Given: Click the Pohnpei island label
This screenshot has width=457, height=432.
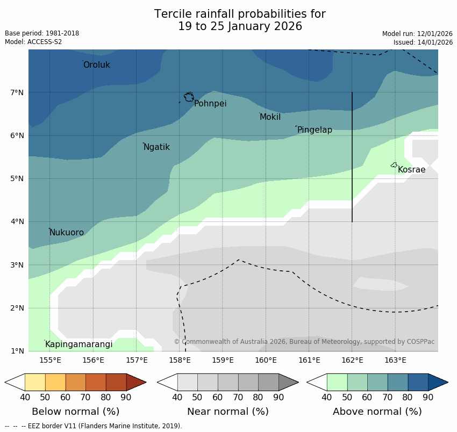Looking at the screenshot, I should (x=210, y=104).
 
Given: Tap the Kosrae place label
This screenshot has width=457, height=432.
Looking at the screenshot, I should (x=411, y=170).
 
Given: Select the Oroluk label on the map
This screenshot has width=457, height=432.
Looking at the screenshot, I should (x=96, y=65).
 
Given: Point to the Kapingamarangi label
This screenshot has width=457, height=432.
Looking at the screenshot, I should (x=78, y=344).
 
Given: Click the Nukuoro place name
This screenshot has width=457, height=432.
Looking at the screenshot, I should (x=67, y=233).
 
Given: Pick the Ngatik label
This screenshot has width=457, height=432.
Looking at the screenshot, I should (x=156, y=147).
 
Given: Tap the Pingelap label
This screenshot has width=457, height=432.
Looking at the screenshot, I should (x=315, y=130).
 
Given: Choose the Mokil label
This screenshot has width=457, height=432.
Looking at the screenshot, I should (x=270, y=117).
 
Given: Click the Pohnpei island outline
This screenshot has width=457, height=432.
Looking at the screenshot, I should (x=189, y=97).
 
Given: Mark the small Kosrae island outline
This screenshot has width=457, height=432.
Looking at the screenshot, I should (x=394, y=165).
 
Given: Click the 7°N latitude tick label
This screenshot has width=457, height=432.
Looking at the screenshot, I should (x=17, y=92).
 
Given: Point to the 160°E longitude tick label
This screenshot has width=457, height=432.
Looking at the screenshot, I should (x=266, y=360).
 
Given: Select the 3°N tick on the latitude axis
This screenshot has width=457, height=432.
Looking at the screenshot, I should (x=17, y=265).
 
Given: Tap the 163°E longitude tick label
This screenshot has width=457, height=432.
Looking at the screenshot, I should (x=395, y=360).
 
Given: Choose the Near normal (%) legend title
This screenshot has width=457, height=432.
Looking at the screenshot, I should (x=227, y=412).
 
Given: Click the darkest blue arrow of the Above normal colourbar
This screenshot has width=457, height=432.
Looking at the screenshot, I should (x=438, y=382).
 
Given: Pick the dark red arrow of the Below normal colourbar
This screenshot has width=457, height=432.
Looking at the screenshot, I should (x=136, y=382).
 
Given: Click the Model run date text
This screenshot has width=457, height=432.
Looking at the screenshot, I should (x=417, y=33).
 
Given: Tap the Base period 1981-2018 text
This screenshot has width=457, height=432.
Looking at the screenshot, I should (x=42, y=33).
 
